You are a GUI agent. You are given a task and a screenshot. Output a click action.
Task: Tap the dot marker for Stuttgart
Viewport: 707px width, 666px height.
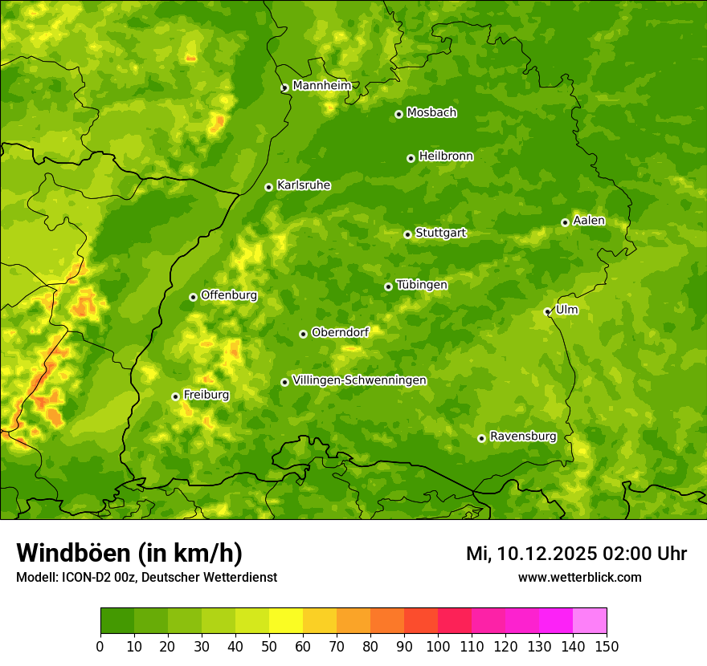(x=407, y=234)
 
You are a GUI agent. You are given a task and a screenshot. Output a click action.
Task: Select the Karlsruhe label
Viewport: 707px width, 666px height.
(x=304, y=185)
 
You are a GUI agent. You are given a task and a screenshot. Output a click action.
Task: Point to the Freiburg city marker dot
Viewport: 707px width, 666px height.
(x=175, y=396)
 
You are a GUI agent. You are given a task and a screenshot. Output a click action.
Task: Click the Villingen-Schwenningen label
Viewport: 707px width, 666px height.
(x=359, y=380)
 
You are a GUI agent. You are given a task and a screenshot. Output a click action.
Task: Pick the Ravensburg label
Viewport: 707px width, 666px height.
(x=522, y=437)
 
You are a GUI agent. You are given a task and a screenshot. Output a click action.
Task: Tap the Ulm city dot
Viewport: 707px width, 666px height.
(x=547, y=311)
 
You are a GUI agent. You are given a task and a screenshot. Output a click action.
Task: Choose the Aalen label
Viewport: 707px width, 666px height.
(x=588, y=221)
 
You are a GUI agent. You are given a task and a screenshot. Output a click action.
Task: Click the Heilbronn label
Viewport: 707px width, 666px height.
(x=446, y=156)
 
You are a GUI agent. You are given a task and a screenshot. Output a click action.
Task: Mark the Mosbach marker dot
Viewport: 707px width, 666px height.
(x=398, y=114)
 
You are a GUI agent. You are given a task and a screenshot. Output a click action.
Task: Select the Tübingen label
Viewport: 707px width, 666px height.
(x=422, y=285)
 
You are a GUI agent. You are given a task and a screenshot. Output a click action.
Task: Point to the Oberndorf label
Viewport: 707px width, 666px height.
(x=340, y=332)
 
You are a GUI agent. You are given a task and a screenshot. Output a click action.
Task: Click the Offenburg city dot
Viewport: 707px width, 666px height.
(x=193, y=297)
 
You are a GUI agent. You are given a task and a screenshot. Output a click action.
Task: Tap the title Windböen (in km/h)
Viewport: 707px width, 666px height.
(x=129, y=554)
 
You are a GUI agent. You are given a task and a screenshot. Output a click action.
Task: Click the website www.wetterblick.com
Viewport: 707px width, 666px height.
(x=579, y=578)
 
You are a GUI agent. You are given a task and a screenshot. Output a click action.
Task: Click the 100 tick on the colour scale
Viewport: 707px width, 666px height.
(x=438, y=645)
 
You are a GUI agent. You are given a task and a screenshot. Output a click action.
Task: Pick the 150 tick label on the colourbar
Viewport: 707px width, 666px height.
(x=607, y=645)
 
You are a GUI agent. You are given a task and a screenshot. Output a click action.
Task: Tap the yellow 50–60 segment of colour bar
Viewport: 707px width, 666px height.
(x=286, y=621)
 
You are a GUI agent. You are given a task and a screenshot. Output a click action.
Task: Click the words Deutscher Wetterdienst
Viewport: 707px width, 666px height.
(x=215, y=578)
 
